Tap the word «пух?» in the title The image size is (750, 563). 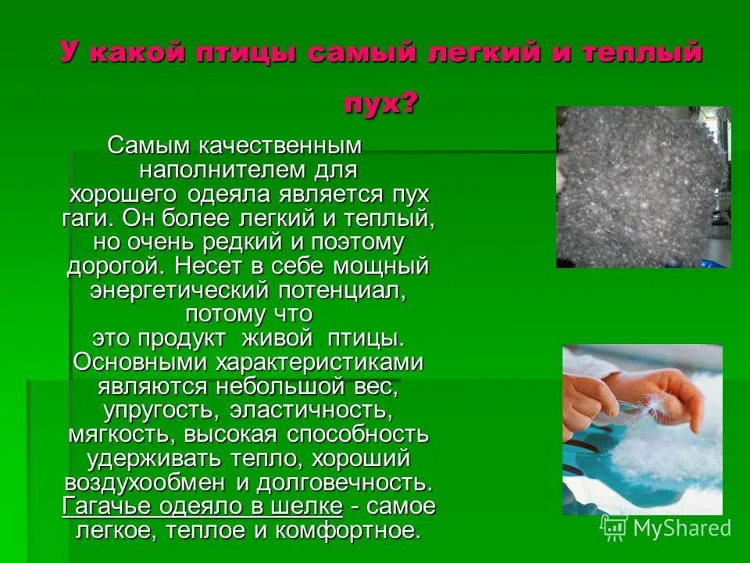coord(380,103)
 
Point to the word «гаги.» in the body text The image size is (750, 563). coord(90,217)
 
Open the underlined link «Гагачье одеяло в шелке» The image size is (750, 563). coord(202,506)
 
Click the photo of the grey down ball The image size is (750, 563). coord(642,188)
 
